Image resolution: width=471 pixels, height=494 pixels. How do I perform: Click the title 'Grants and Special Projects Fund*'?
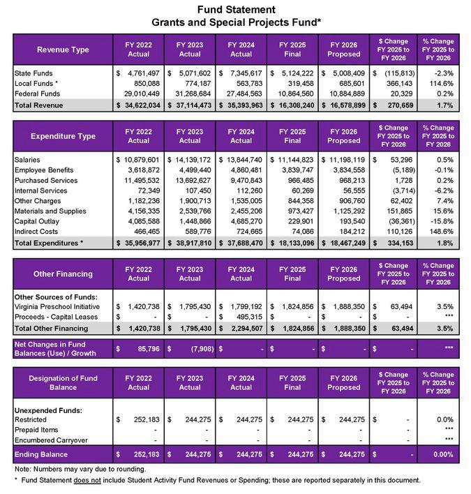236,22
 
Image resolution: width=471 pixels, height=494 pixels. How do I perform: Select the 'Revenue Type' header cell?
63,50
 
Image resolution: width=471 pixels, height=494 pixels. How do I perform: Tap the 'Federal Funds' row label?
36,93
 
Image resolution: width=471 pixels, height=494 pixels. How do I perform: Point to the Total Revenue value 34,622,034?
139,105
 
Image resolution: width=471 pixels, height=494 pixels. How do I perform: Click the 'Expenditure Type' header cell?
63,136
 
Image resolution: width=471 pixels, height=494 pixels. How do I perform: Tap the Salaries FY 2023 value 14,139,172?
190,160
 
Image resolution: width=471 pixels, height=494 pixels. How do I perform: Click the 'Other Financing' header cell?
63,274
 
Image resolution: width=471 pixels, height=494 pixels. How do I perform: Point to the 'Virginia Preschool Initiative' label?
59,306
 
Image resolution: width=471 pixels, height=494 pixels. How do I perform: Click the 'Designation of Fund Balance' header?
63,382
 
